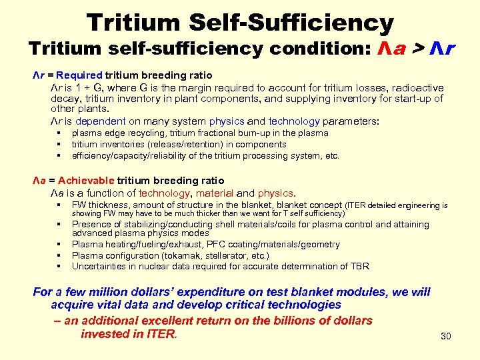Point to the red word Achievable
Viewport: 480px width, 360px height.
pos(87,181)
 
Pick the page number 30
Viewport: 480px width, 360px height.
pos(446,336)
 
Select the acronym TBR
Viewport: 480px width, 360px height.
pos(359,266)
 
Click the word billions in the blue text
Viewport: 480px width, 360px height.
pos(301,321)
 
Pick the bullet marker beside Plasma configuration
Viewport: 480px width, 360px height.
pos(59,256)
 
